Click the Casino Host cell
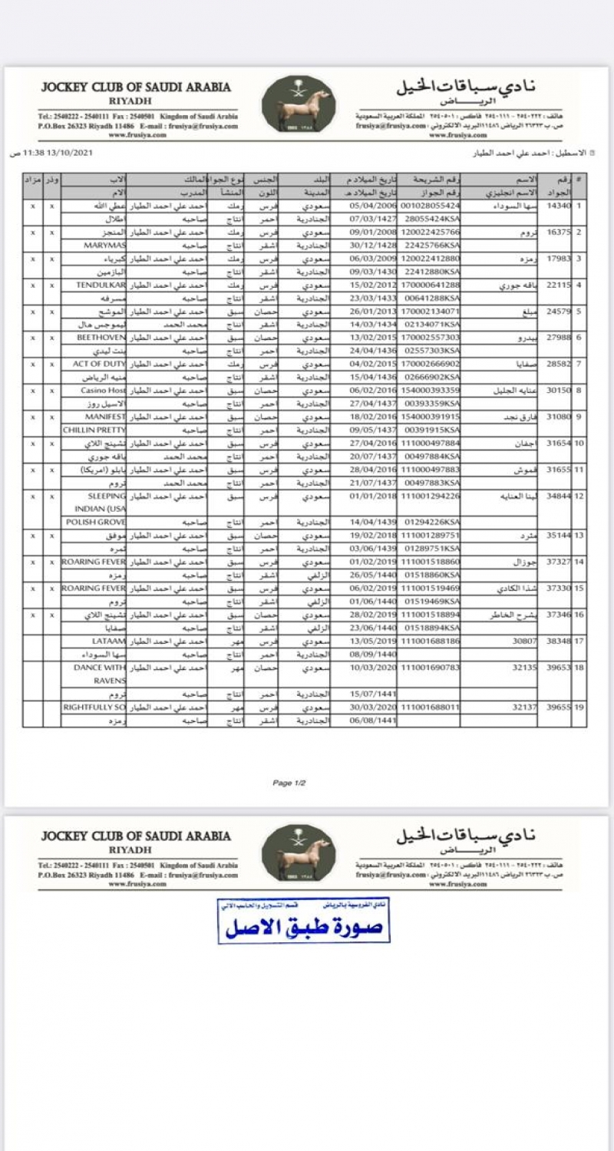(104, 390)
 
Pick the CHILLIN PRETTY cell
(94, 430)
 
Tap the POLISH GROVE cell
(98, 522)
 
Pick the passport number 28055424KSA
(431, 219)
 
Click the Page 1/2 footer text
(289, 783)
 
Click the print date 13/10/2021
(69, 153)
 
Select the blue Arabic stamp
(303, 920)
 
